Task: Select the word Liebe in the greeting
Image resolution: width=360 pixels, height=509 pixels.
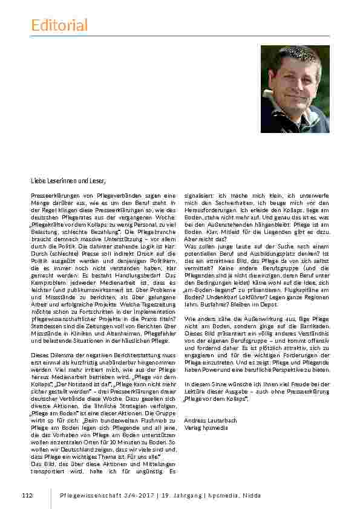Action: point(38,180)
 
